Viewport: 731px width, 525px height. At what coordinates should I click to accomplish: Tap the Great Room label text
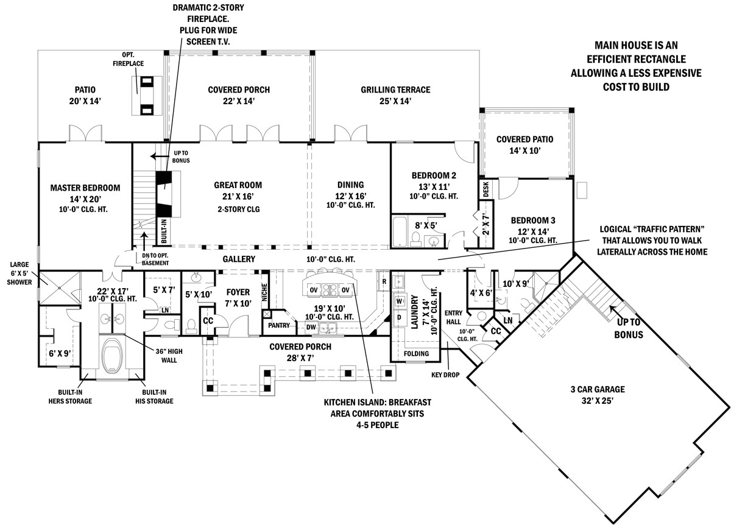238,185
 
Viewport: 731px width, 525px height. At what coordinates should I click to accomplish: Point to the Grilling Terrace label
395,90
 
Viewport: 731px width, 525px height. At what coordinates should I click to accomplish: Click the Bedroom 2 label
434,175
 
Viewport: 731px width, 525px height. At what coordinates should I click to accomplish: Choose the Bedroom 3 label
533,220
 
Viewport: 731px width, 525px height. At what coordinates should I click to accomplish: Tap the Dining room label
350,185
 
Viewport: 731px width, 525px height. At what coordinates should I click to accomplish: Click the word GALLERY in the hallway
238,259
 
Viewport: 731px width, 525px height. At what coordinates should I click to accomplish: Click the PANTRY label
278,326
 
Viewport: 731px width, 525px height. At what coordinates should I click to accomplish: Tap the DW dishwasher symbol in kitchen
311,328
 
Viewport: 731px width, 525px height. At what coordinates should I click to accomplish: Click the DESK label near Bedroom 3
486,189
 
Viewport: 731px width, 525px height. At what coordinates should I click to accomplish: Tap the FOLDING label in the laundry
417,353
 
